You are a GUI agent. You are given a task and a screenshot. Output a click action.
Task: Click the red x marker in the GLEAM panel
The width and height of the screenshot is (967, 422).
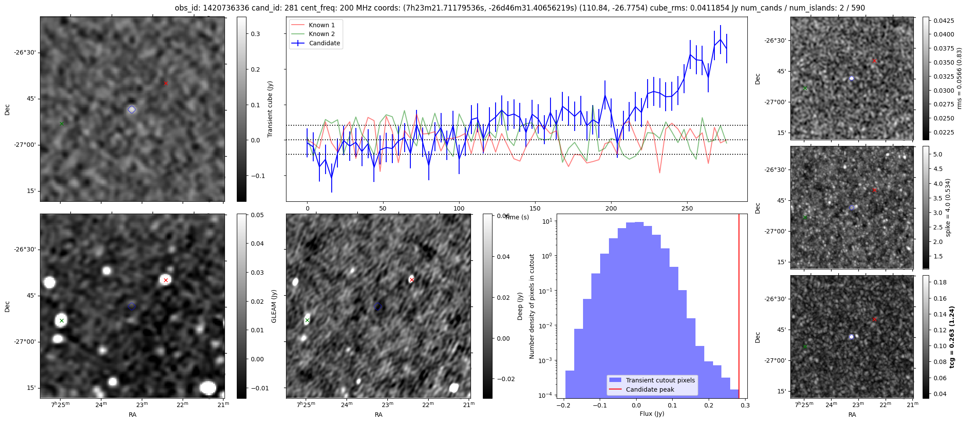click(x=166, y=280)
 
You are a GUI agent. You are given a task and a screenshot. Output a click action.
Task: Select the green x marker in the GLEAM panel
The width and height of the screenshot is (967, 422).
click(x=62, y=320)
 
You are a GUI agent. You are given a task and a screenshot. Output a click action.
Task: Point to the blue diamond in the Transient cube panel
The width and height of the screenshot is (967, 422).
click(x=132, y=109)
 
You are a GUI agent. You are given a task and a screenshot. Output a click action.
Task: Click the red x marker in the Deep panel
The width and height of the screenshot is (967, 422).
click(x=412, y=280)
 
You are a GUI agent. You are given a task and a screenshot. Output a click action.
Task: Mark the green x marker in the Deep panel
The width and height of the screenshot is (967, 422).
click(x=307, y=320)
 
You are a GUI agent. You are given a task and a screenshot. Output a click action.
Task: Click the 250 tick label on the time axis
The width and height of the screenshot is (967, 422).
click(x=687, y=208)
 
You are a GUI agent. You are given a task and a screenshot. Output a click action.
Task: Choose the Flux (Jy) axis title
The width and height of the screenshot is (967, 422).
click(x=652, y=414)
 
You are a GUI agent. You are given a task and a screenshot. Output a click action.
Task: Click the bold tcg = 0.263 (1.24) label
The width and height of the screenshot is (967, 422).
click(x=952, y=337)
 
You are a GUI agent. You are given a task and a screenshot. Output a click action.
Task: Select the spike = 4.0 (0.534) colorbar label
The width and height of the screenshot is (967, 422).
click(x=948, y=207)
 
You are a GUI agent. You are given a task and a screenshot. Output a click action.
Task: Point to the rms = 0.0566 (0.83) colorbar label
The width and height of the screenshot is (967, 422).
click(x=959, y=78)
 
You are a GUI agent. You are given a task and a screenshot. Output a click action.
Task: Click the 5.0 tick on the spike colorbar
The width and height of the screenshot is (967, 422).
click(x=938, y=154)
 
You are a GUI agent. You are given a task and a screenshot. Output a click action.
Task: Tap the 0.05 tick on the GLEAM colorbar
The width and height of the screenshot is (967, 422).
click(x=257, y=215)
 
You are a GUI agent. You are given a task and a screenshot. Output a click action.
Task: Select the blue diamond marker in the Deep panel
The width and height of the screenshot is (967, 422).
click(x=378, y=306)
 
